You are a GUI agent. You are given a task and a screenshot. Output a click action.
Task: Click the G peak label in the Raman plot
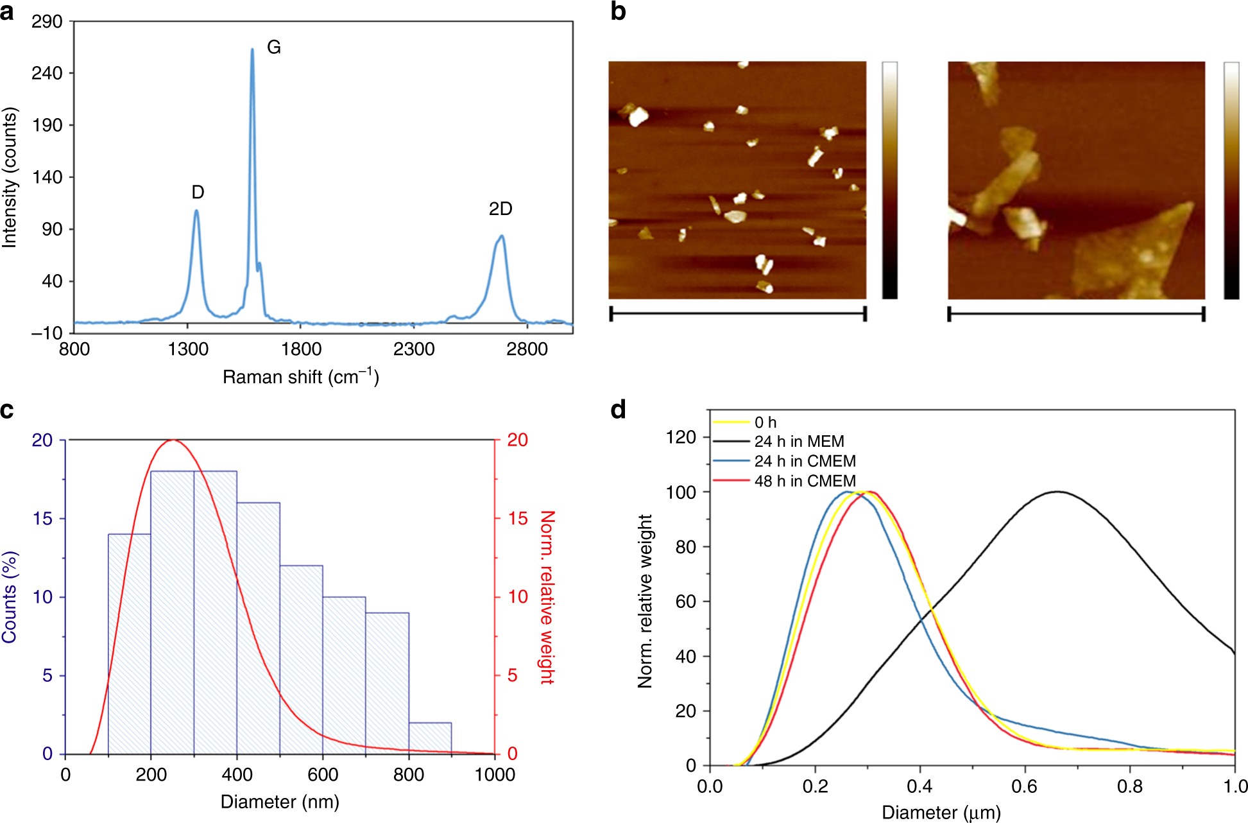coord(274,48)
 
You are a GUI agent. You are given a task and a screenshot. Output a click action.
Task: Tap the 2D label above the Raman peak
coord(500,209)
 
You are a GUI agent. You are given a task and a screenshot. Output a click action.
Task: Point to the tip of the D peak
coord(196,211)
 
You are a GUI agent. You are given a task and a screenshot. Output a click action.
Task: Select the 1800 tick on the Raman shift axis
coord(301,349)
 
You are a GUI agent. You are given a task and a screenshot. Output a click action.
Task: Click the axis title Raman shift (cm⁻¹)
coord(300,377)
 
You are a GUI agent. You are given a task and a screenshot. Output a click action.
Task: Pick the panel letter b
coord(618,12)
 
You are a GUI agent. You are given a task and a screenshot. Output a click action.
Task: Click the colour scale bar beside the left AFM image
coord(890,180)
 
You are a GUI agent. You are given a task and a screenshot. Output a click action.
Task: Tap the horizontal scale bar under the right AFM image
coord(1076,314)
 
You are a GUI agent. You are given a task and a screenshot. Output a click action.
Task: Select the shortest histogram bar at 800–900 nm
coord(430,738)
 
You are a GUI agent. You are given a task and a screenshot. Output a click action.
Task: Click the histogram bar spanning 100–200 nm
coord(130,644)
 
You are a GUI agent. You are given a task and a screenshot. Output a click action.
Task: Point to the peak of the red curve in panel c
coord(172,440)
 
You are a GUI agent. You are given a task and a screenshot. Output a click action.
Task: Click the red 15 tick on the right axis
coord(517,519)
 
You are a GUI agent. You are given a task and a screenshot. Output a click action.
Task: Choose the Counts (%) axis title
coord(10,597)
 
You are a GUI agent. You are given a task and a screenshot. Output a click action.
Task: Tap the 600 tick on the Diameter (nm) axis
coord(323,775)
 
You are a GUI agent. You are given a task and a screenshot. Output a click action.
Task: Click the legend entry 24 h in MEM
coord(799,442)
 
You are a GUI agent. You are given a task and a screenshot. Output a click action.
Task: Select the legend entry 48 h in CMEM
coord(805,481)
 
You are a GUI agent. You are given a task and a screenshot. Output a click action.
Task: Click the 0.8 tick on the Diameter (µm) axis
coord(1129,786)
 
